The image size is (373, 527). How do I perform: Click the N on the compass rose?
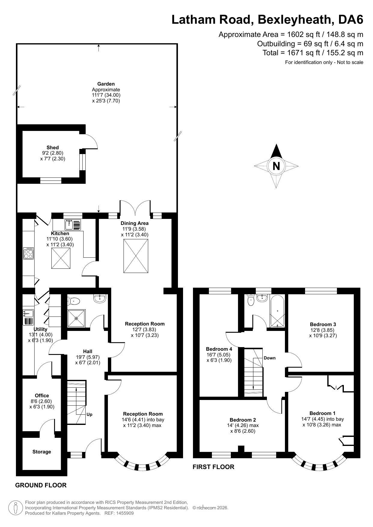(x=276, y=166)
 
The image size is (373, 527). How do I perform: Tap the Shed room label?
(x=53, y=147)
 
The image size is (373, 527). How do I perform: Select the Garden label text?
(x=106, y=84)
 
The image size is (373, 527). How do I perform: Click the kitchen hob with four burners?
(x=29, y=253)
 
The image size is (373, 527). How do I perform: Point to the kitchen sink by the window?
(x=73, y=225)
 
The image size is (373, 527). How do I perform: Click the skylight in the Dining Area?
(x=136, y=256)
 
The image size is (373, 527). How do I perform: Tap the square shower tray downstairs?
(x=76, y=318)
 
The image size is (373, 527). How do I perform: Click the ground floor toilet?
(x=74, y=301)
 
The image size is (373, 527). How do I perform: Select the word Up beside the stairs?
(x=89, y=414)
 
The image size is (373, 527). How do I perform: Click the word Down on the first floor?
(x=270, y=358)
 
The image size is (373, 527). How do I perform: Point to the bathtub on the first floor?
(x=277, y=311)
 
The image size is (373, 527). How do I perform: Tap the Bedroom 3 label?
(x=323, y=324)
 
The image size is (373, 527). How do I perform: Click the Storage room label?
(x=42, y=452)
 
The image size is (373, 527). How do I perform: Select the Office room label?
(x=42, y=395)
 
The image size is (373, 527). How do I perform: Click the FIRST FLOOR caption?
(x=213, y=467)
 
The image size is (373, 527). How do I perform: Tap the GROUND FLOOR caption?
(x=41, y=485)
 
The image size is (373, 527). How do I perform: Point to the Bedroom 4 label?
(x=219, y=349)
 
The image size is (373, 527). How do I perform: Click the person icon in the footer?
(x=16, y=508)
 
